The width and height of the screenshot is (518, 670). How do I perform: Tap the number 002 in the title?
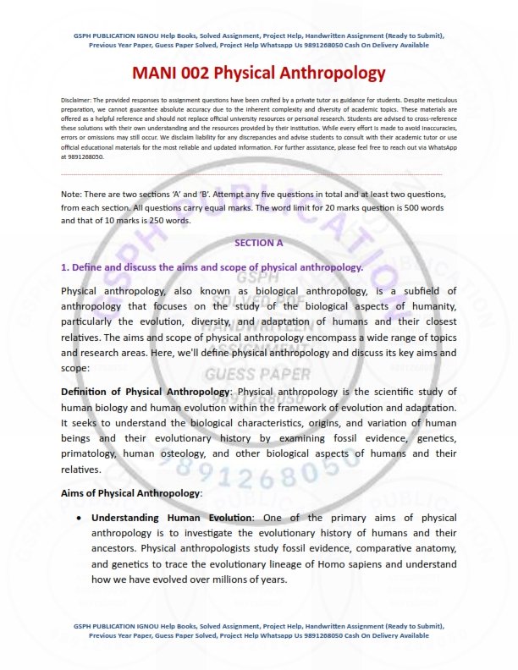[213, 74]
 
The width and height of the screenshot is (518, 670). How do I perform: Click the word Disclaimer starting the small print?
[80, 100]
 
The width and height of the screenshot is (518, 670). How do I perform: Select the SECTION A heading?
[259, 243]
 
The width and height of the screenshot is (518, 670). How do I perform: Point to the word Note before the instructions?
[73, 195]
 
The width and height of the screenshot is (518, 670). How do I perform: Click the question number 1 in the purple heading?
[64, 267]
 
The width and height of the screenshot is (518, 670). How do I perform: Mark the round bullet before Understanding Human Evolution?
[79, 517]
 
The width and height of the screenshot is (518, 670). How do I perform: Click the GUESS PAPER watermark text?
[258, 374]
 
